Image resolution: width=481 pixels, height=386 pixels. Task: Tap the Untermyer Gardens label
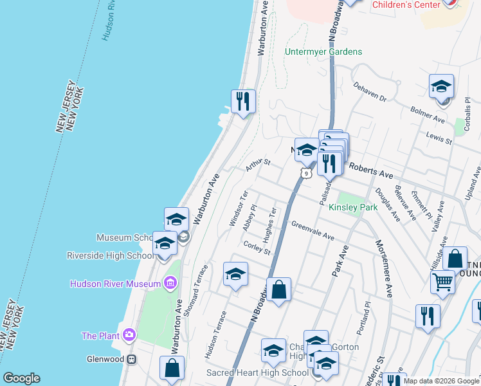[x=324, y=51]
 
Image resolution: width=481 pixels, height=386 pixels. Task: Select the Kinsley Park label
[x=353, y=208]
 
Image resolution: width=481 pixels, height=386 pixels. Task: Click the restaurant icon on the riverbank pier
[x=243, y=101]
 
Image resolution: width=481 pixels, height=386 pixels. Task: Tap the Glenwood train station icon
[x=131, y=359]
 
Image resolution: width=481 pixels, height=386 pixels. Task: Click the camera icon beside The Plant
[x=129, y=335]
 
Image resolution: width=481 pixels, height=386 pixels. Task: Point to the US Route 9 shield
[x=306, y=172]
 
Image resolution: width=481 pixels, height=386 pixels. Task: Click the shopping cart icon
[x=443, y=282]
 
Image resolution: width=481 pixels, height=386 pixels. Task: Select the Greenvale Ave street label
[x=313, y=232]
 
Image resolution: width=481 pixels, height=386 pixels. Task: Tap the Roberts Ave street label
[x=370, y=170]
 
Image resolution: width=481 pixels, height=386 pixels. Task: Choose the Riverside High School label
[x=110, y=255]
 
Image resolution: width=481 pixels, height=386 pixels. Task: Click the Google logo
[x=21, y=379]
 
